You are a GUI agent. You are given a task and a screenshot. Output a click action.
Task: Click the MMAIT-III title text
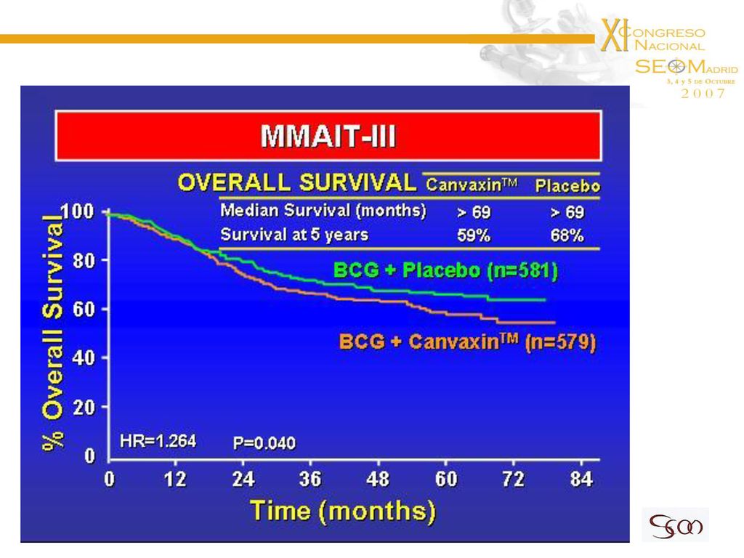click(x=328, y=136)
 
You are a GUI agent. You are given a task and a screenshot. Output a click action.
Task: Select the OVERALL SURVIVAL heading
click(x=297, y=182)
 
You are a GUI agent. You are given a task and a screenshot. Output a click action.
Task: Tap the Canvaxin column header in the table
click(x=472, y=184)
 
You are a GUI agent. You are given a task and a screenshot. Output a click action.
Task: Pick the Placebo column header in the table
click(x=567, y=185)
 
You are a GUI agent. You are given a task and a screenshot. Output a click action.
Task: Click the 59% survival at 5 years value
click(x=474, y=235)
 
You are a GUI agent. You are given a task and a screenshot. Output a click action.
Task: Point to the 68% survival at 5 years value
click(x=567, y=235)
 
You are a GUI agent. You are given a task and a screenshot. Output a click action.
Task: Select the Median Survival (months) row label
click(x=323, y=210)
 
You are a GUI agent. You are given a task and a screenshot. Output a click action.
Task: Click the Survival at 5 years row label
click(x=294, y=235)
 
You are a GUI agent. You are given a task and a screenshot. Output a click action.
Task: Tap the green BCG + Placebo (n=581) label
click(x=445, y=270)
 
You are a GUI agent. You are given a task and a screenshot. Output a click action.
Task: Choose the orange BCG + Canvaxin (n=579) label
click(x=467, y=341)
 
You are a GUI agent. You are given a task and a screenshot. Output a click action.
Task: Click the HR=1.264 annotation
click(x=158, y=441)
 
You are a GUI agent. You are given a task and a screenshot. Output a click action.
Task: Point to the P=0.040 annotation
click(x=264, y=443)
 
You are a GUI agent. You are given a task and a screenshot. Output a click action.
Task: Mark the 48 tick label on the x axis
click(x=378, y=480)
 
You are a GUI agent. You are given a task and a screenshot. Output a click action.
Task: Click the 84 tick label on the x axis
click(x=581, y=480)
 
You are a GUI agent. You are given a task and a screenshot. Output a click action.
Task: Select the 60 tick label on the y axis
click(x=84, y=310)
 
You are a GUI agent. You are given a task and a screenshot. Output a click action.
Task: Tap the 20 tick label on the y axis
click(x=84, y=407)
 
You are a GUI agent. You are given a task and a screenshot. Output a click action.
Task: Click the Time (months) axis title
click(x=343, y=511)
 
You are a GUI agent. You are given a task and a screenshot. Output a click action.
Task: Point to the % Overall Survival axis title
click(x=52, y=332)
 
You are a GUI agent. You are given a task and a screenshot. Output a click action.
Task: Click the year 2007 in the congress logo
click(x=703, y=94)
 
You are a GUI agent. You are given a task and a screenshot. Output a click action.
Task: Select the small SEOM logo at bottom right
click(x=676, y=525)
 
